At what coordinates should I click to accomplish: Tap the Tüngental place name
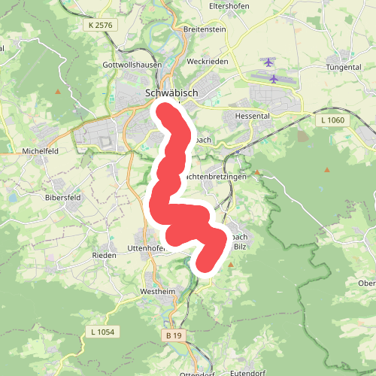[344, 67]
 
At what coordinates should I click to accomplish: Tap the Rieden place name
[104, 256]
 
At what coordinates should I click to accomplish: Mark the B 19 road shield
[174, 335]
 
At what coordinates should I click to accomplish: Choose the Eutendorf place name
[252, 370]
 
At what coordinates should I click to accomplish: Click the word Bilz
[240, 246]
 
